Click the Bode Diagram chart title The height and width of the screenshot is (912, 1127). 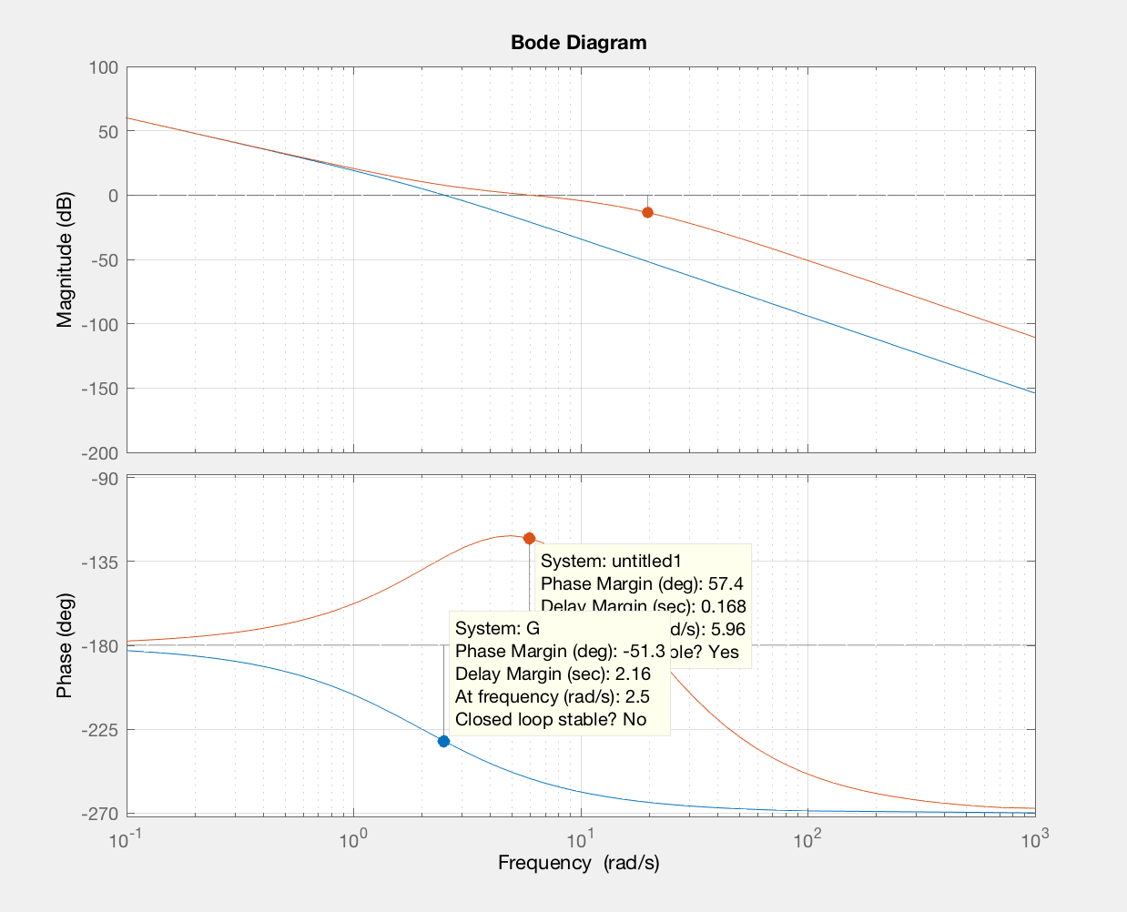578,43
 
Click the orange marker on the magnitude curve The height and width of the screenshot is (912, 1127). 647,212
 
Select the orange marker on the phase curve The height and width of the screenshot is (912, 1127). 529,538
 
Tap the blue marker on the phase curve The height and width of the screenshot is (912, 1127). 443,741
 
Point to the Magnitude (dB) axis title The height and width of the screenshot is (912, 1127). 65,259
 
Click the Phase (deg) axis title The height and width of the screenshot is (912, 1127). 65,645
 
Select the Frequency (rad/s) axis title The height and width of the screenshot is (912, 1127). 578,863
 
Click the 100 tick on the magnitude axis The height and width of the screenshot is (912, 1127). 104,67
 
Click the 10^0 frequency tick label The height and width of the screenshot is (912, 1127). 352,839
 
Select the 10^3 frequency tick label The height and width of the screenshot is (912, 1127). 1033,839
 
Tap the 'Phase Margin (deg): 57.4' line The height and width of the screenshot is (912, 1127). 642,583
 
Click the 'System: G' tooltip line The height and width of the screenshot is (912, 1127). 497,628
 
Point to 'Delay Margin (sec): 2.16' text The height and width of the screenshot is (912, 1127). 553,674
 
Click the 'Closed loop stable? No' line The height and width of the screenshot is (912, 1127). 551,719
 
